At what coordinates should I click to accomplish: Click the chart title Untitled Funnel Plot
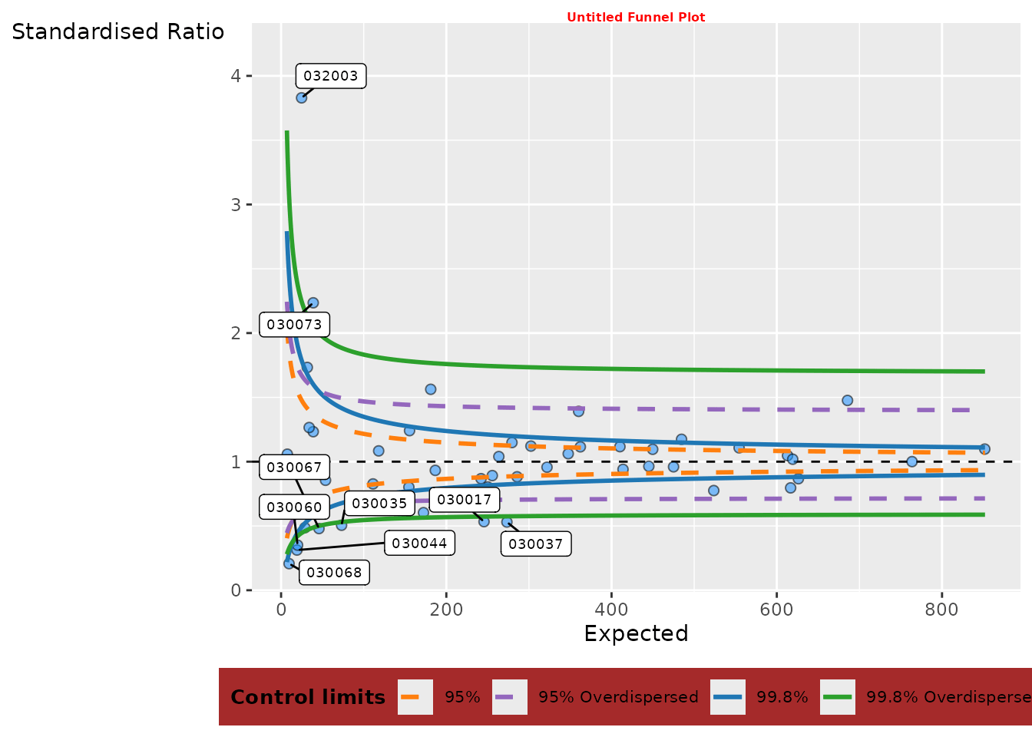[636, 17]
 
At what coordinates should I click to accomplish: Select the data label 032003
[331, 76]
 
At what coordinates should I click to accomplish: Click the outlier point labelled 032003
[302, 97]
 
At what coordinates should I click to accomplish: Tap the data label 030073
[295, 325]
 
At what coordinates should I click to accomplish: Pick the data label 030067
[295, 467]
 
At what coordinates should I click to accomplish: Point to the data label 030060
[295, 507]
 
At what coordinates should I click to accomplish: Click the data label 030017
[464, 500]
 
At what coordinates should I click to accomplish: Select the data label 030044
[419, 544]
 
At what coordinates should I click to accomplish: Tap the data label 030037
[536, 544]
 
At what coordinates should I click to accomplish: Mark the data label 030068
[334, 572]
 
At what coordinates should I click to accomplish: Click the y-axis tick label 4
[237, 76]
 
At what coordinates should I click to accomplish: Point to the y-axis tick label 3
[237, 205]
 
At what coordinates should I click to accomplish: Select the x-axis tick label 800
[941, 610]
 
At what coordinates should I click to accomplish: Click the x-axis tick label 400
[611, 610]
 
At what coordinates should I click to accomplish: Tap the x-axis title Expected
[636, 634]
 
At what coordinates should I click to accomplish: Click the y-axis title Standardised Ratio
[118, 32]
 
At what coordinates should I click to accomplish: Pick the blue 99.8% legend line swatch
[728, 697]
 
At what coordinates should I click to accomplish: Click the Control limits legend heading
[308, 697]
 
